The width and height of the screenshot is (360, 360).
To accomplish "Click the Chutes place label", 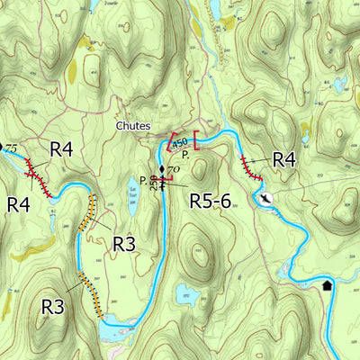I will click(133, 126).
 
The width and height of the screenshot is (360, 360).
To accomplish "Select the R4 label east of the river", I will click(283, 159).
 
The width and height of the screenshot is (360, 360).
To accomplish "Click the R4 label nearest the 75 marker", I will click(61, 149).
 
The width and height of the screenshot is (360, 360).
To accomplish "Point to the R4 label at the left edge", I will click(19, 204).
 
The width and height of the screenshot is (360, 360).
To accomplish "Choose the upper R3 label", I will click(124, 243).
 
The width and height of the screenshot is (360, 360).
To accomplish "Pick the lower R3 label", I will click(53, 307).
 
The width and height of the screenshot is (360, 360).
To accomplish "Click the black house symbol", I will click(327, 285).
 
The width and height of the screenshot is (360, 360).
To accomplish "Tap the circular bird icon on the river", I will click(265, 198).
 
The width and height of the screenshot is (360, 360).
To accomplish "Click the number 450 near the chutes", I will click(180, 143).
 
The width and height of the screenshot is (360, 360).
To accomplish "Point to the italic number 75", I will click(12, 148).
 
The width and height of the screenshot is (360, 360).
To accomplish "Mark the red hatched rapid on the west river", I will click(37, 175).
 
